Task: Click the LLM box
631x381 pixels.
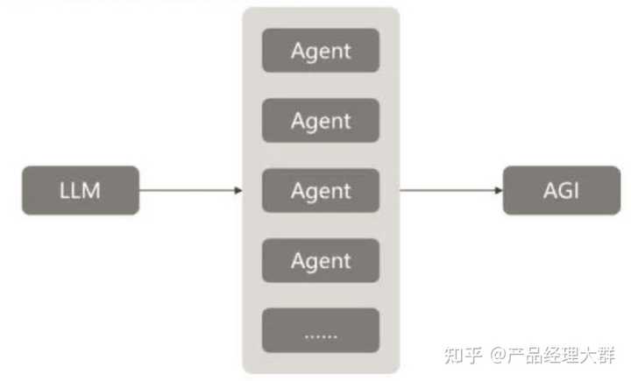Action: coord(81,190)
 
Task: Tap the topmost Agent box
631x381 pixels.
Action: coord(321,50)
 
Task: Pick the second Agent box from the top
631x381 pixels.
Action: coord(321,120)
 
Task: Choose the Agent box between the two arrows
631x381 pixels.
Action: coord(321,190)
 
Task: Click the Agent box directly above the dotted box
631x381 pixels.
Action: coord(321,260)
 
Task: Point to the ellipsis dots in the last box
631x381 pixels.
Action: coord(321,334)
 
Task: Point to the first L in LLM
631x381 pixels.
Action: coord(65,190)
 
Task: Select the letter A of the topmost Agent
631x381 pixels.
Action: coord(298,50)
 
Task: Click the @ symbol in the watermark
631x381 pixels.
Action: coord(499,355)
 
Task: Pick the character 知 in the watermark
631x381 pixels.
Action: coord(455,355)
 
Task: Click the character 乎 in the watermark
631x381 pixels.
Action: coord(474,355)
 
